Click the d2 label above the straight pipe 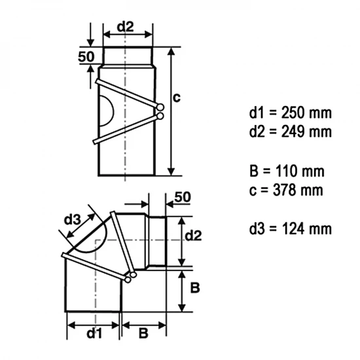(x=126, y=27)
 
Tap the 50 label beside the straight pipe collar (x=86, y=57)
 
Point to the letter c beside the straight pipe (x=177, y=97)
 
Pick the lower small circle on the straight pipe (x=160, y=117)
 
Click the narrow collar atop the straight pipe (x=127, y=56)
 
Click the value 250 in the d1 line (x=289, y=113)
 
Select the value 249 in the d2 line (x=289, y=132)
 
